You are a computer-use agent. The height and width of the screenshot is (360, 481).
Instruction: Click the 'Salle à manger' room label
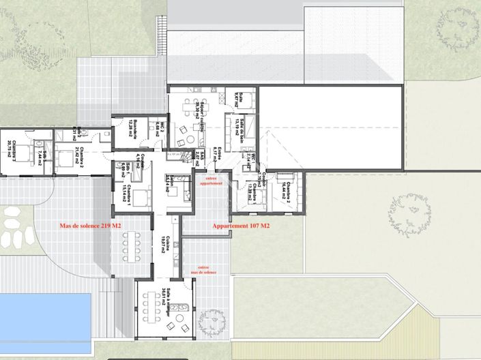[x=167, y=303]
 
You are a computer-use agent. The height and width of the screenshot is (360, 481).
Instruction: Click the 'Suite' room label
[x=239, y=98]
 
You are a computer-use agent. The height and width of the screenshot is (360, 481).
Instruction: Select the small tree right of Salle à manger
[x=214, y=318]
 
